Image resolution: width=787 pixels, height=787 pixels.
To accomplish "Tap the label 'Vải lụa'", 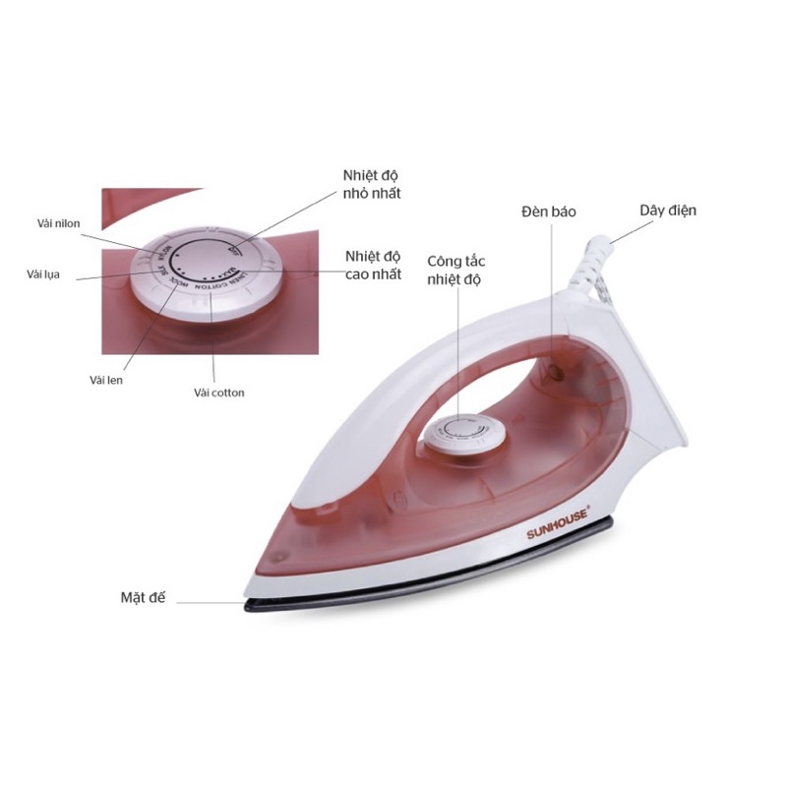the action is pyautogui.click(x=44, y=274).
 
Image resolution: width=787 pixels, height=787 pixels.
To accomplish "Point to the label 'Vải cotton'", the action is pyautogui.click(x=219, y=393).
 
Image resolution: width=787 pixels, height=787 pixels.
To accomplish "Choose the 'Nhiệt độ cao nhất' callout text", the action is pyautogui.click(x=372, y=266).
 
